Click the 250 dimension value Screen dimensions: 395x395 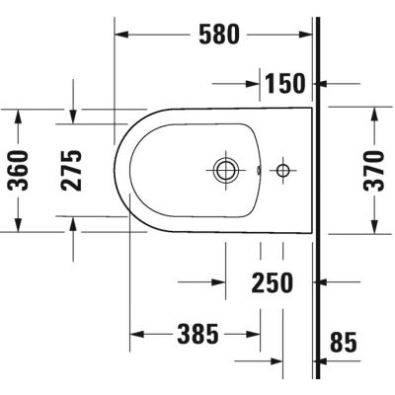[272, 283]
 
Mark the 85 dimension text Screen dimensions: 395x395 [343, 343]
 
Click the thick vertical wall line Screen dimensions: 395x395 [317, 197]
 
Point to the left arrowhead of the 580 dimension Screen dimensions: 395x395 [122, 35]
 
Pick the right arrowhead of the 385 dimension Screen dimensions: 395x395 [255, 335]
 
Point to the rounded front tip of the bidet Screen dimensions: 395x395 [116, 170]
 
